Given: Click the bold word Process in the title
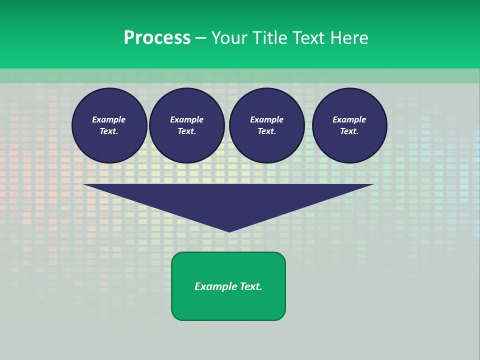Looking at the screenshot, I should point(157,38).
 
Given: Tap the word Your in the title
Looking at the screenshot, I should point(230,38).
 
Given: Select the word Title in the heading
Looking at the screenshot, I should point(270,38).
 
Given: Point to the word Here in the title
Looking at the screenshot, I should point(349,38).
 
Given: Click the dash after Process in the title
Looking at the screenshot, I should point(200,38).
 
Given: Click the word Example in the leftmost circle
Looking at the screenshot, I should point(109,119).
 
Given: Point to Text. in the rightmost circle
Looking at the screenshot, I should point(349,131).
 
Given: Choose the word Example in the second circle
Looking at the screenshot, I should point(187,119).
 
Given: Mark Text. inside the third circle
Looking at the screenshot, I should point(267,131).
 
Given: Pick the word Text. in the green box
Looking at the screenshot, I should point(251,286).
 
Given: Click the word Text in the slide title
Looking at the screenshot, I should point(307,38).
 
